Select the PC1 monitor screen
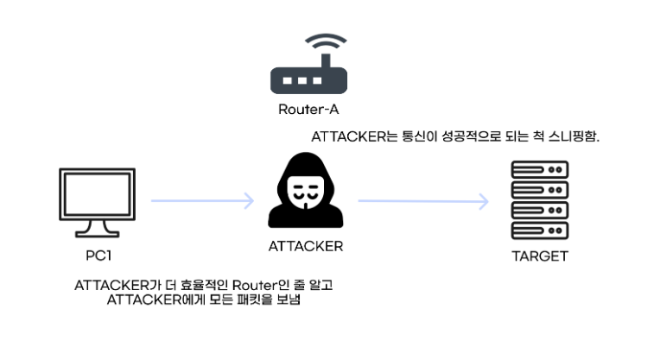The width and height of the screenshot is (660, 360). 96,196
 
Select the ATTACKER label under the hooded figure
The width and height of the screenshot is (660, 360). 305,246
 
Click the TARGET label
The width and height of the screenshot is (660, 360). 539,256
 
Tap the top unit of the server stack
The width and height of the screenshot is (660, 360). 539,169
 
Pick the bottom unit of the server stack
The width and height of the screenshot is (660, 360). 539,231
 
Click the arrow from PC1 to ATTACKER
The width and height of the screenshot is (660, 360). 202,201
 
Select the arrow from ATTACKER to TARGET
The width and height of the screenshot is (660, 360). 423,201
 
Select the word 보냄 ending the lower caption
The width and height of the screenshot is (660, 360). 294,300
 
